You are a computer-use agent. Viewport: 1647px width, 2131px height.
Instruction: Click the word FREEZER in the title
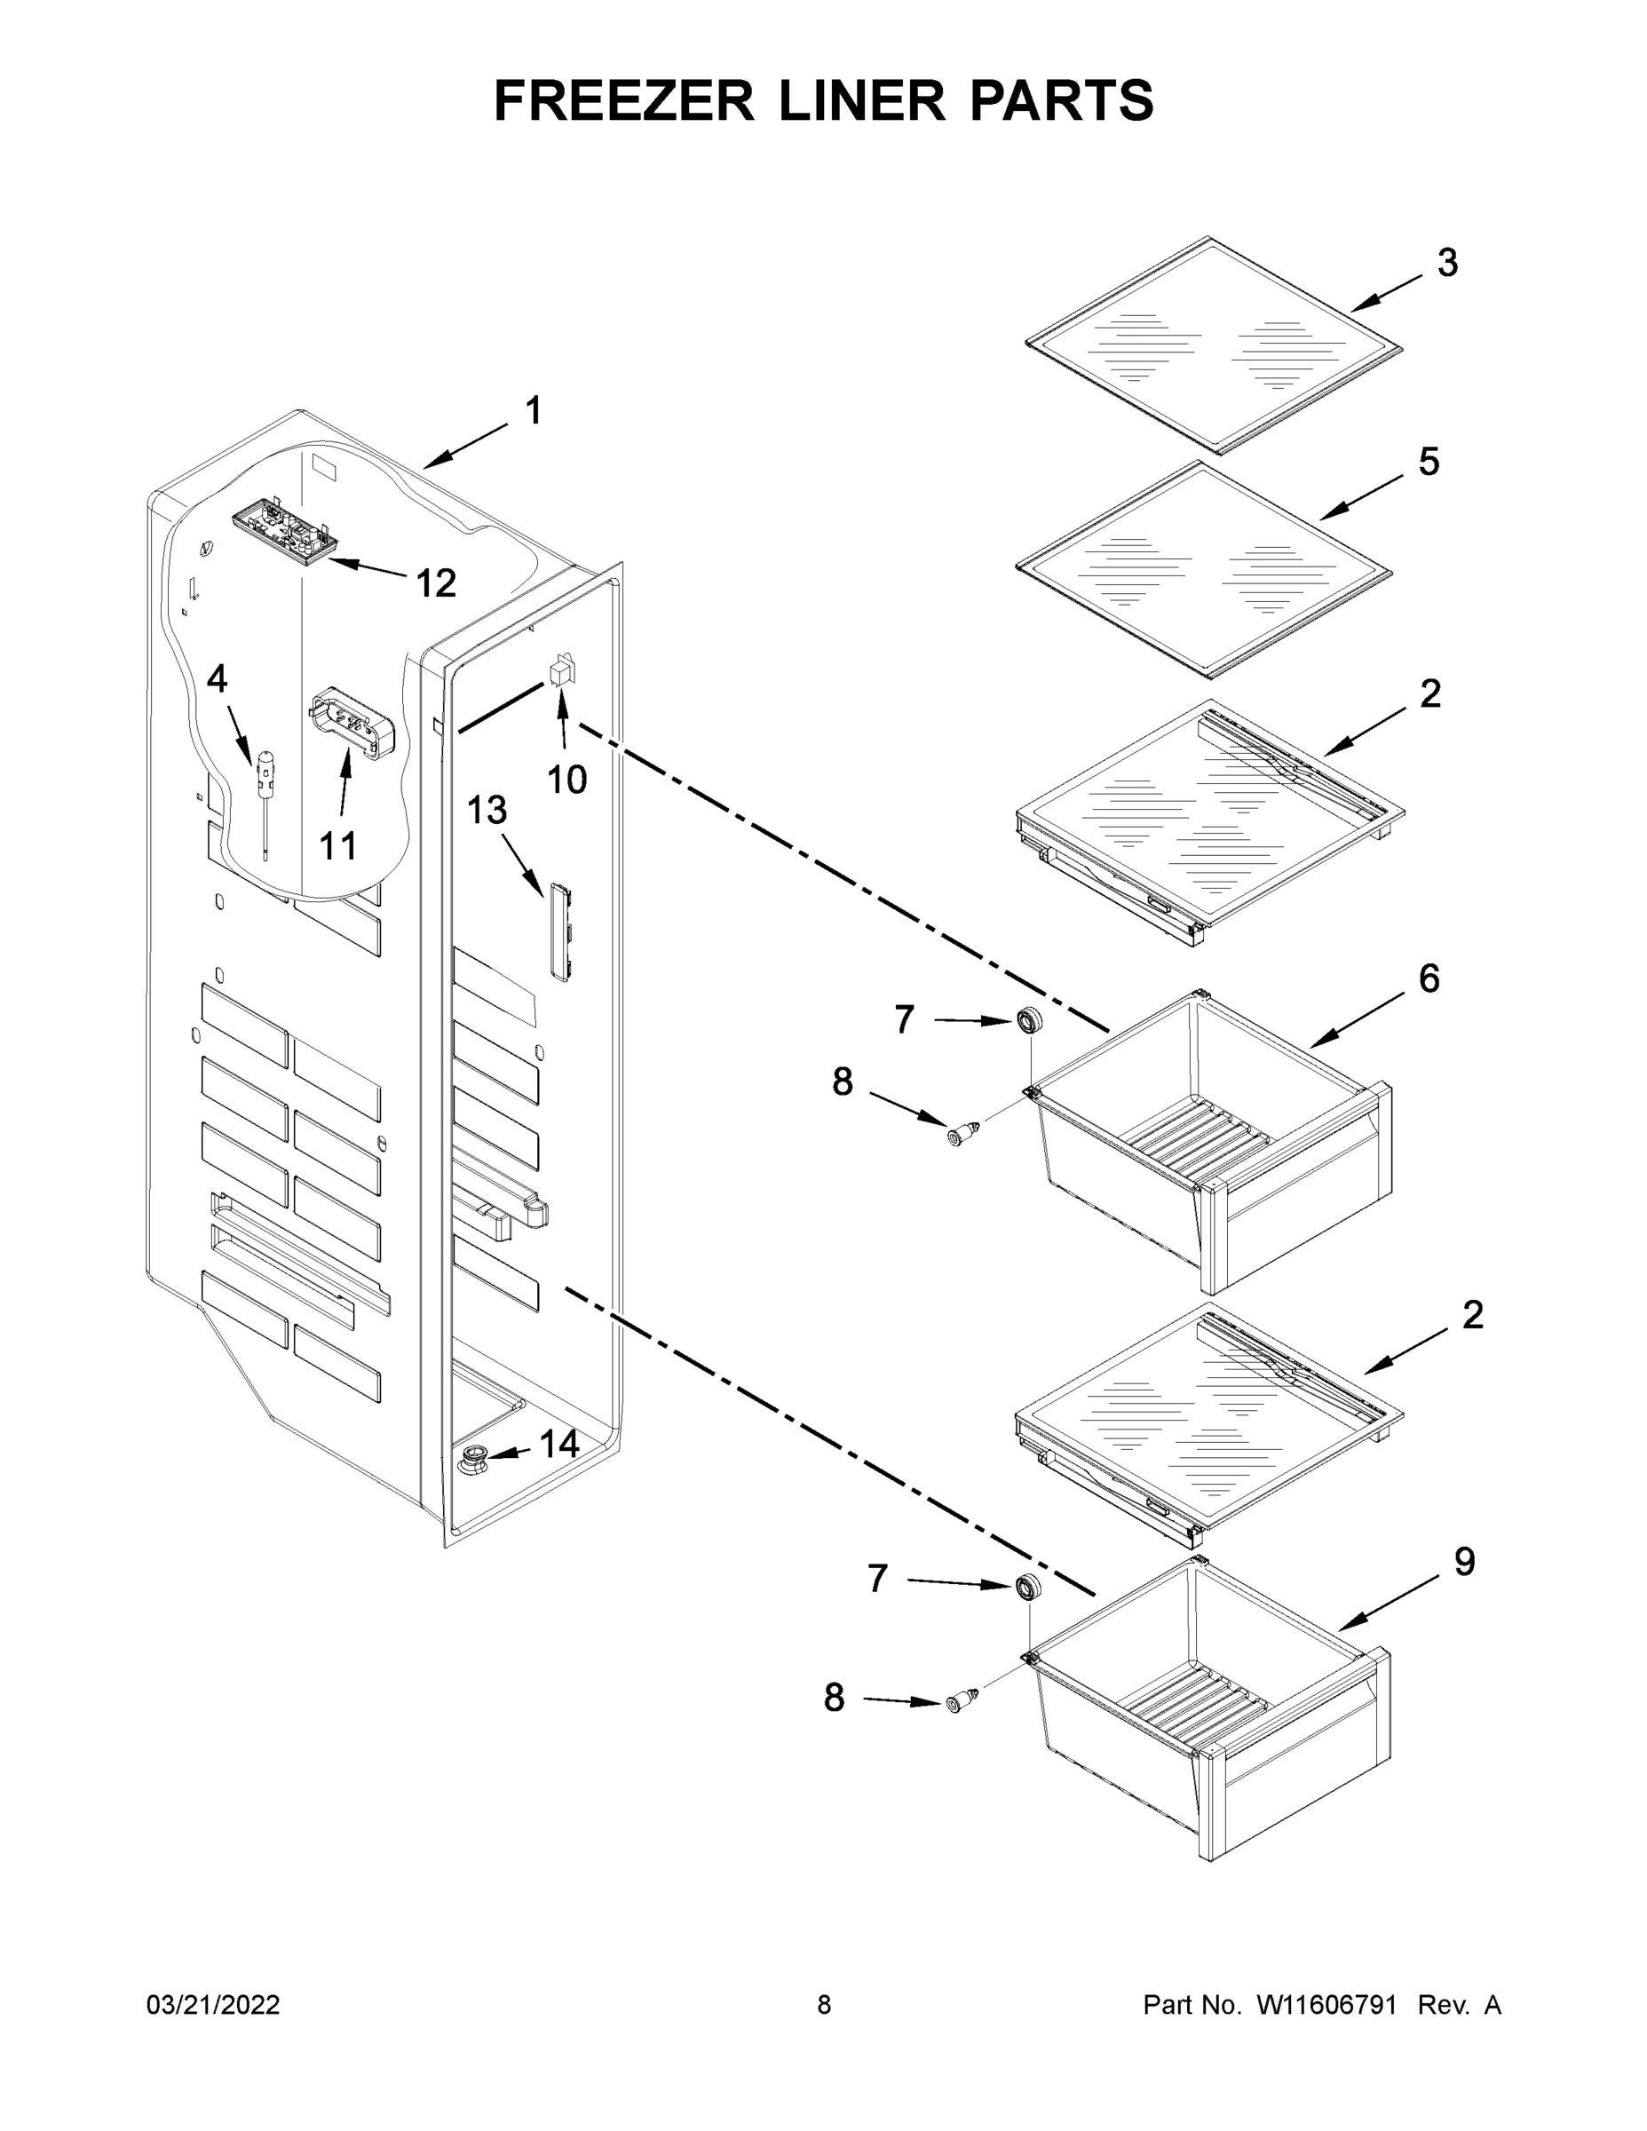pos(623,100)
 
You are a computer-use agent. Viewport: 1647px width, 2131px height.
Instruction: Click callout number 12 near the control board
pos(435,583)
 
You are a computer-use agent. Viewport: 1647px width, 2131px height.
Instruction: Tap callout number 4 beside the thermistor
pos(217,678)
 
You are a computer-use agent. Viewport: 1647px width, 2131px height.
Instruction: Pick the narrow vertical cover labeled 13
pos(559,931)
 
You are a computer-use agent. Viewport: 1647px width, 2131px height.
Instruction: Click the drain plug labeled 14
pos(474,1461)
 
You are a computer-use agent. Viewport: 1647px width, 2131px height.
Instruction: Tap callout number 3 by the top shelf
pos(1447,263)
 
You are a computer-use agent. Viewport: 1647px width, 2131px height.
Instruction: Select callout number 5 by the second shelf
pos(1429,462)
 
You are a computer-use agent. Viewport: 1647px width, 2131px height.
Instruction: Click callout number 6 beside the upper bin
pos(1429,978)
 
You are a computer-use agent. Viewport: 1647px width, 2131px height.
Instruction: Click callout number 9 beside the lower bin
pos(1464,1562)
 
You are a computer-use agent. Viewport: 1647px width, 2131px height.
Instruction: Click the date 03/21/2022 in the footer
pos(213,2004)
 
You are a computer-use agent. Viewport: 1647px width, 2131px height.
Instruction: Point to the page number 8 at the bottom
pos(824,2004)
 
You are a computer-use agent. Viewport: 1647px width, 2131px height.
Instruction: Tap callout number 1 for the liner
pos(533,411)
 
